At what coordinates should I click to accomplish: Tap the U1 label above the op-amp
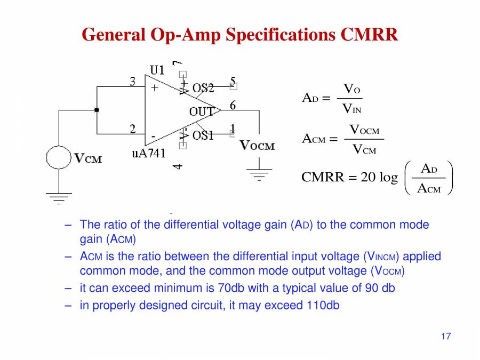(x=157, y=69)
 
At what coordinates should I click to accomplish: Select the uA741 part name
(x=149, y=154)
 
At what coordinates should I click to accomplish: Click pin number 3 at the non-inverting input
(x=133, y=81)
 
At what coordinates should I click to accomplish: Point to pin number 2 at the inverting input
(x=133, y=129)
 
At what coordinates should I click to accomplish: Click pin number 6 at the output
(x=233, y=105)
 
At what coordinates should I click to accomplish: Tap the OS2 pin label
(x=203, y=88)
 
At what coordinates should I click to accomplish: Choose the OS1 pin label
(x=203, y=135)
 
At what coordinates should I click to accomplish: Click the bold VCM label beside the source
(x=87, y=158)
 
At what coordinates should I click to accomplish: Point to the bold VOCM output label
(x=257, y=146)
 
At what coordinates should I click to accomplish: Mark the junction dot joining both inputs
(x=97, y=110)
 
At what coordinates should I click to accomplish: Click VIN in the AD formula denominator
(x=351, y=109)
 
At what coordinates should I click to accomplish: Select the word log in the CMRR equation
(x=388, y=177)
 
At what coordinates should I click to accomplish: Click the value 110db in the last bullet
(x=323, y=306)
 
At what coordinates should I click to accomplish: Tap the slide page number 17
(x=446, y=337)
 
